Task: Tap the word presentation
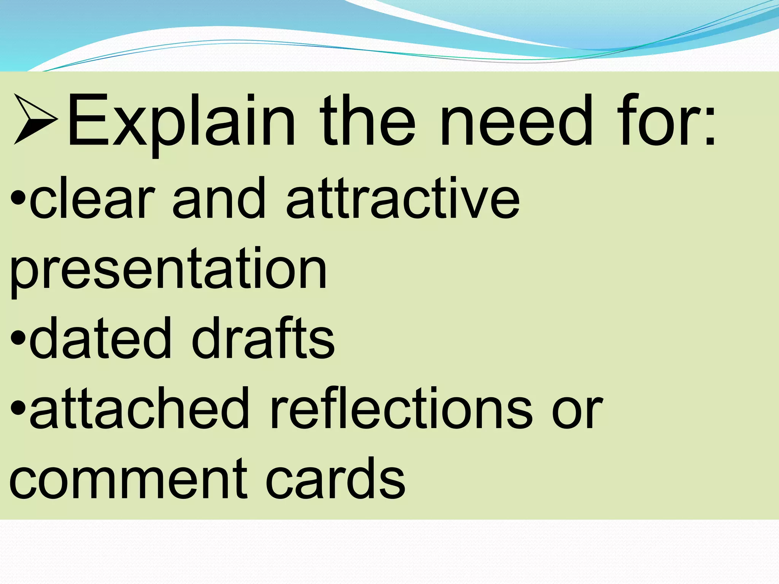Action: click(168, 270)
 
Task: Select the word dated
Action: click(100, 338)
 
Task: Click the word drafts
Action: click(263, 338)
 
